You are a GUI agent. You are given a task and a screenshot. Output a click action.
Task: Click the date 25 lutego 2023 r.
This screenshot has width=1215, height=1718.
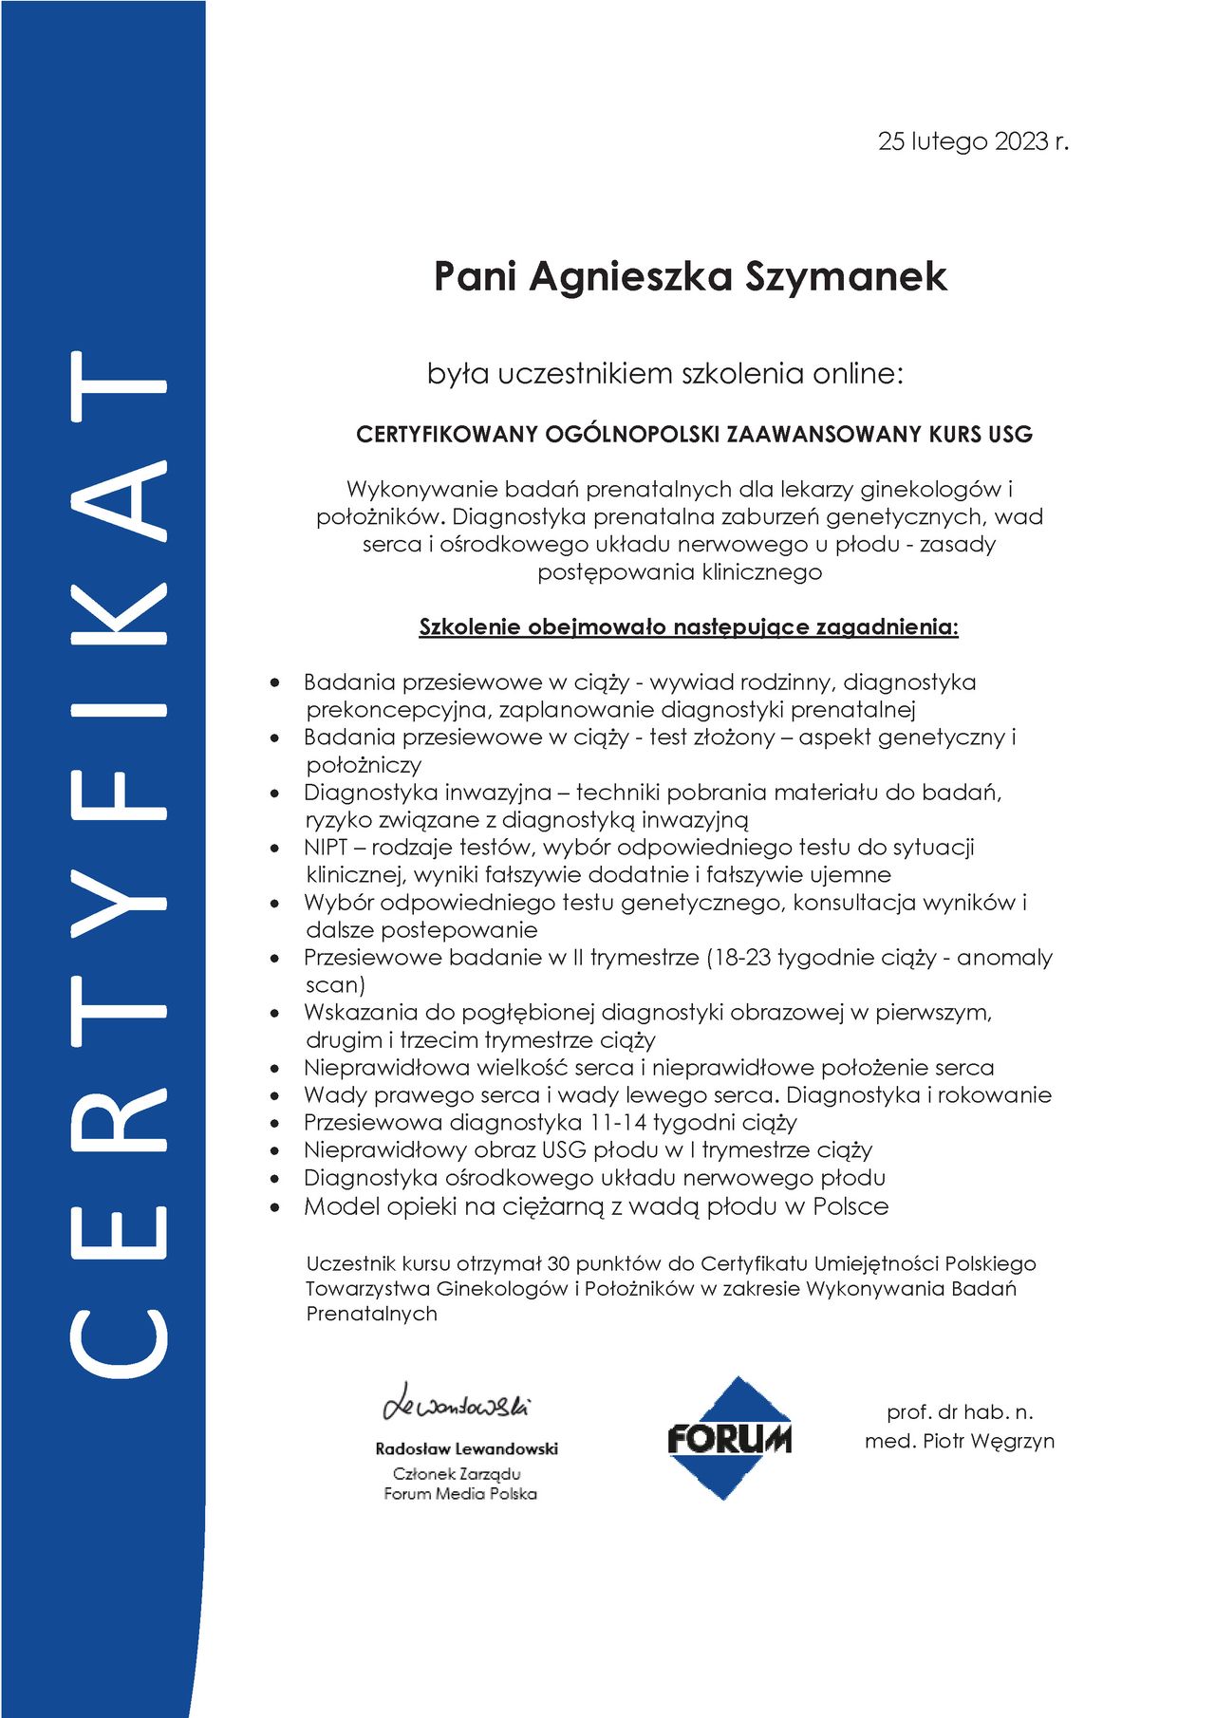click(973, 141)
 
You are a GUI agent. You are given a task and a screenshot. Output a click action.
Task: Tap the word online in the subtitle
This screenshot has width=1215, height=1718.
click(858, 373)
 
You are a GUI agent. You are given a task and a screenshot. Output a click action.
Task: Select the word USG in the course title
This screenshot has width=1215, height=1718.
click(1010, 435)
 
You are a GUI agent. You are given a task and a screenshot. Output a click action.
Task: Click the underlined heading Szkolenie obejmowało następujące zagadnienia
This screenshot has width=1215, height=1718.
click(688, 627)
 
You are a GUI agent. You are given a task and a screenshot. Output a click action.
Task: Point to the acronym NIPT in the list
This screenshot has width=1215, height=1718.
click(326, 847)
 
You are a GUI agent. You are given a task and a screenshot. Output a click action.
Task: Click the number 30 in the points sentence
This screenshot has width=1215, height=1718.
click(559, 1263)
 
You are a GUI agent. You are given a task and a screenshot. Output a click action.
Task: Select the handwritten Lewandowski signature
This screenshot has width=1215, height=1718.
click(457, 1404)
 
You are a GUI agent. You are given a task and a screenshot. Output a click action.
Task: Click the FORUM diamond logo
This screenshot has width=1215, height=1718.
click(729, 1438)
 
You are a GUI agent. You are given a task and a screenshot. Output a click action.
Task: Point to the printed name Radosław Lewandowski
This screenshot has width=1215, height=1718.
click(466, 1448)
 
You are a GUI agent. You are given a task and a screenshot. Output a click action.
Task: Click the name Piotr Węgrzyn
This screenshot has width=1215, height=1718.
click(988, 1441)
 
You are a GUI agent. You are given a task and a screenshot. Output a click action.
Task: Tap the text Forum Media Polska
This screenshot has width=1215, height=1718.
click(460, 1494)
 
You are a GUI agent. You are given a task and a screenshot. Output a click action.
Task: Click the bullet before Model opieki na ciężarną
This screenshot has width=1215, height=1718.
click(275, 1207)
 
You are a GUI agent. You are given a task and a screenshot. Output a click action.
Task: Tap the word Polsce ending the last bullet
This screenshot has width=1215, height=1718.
click(850, 1206)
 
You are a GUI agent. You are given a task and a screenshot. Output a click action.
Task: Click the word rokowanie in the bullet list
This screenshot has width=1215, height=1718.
click(996, 1094)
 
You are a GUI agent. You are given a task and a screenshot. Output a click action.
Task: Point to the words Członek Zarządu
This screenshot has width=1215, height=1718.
click(457, 1473)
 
